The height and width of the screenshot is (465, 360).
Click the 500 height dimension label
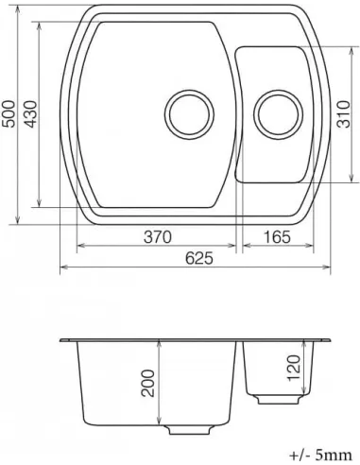9,114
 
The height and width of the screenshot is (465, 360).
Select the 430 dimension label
30,114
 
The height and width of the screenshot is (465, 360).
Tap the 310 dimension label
344,114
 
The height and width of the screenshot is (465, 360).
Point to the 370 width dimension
158,237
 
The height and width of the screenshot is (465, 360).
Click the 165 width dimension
277,237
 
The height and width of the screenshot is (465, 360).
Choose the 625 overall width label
198,259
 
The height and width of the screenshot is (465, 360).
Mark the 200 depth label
148,383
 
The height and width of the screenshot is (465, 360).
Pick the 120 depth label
294,368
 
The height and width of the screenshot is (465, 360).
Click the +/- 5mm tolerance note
320,456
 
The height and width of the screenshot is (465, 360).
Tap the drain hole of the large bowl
189,114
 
